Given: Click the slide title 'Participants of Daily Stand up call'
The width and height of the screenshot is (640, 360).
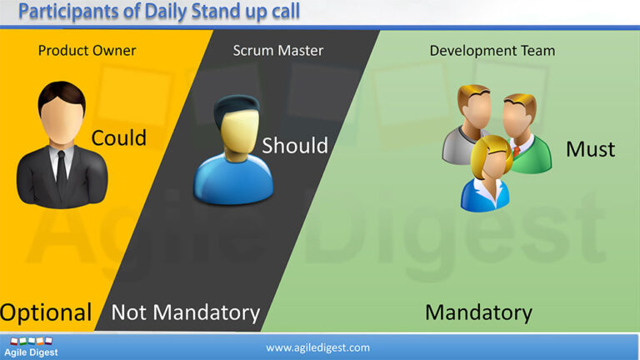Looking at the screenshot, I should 158,12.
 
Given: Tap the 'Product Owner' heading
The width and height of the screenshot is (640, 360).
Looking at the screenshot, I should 87,51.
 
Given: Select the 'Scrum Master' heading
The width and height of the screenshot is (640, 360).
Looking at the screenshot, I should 278,51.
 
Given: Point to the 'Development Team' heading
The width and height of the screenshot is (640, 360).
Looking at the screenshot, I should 492,51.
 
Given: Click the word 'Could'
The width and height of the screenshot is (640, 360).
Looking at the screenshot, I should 119,137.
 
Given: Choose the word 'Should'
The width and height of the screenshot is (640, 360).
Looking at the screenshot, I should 295,145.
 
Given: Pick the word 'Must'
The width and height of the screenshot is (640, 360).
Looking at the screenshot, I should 590,149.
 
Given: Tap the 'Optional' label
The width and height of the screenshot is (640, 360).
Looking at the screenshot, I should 46,312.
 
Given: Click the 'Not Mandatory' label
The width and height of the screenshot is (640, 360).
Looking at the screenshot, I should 186,312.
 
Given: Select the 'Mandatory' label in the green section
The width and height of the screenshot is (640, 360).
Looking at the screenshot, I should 478,312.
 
